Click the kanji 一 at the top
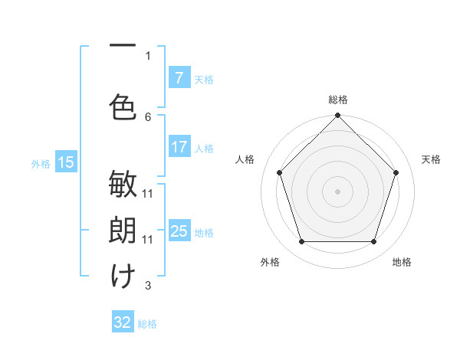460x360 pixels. pyautogui.click(x=123, y=46)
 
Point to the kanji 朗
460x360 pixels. pyautogui.click(x=123, y=230)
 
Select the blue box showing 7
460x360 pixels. pyautogui.click(x=179, y=79)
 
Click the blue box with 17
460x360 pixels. pyautogui.click(x=179, y=147)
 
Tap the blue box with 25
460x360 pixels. pyautogui.click(x=179, y=231)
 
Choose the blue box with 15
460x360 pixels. pyautogui.click(x=65, y=162)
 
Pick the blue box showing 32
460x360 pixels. pyautogui.click(x=123, y=322)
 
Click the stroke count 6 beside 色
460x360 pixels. pyautogui.click(x=148, y=116)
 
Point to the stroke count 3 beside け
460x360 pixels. pyautogui.click(x=148, y=286)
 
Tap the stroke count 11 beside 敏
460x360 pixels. pyautogui.click(x=148, y=193)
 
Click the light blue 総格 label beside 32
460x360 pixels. pyautogui.click(x=147, y=324)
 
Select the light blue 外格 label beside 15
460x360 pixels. pyautogui.click(x=41, y=163)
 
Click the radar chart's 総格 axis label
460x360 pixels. pyautogui.click(x=338, y=100)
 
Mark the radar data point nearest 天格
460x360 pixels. pyautogui.click(x=396, y=172)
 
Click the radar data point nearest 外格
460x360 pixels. pyautogui.click(x=301, y=242)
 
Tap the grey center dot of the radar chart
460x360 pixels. pyautogui.click(x=338, y=191)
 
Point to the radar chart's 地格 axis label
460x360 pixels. pyautogui.click(x=402, y=262)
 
